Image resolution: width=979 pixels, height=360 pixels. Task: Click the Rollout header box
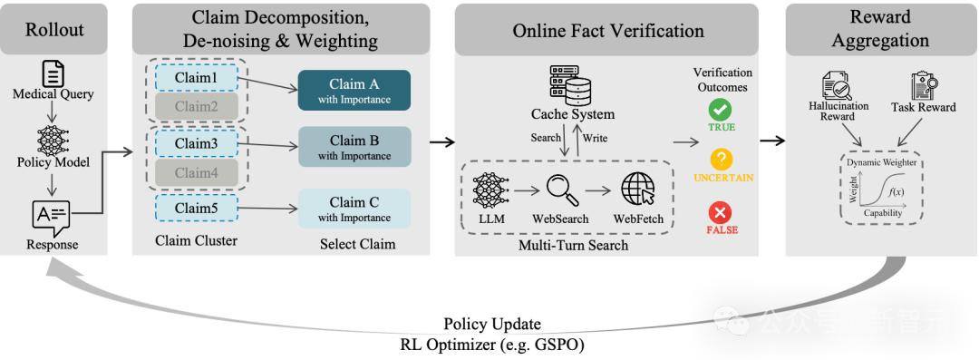(x=54, y=29)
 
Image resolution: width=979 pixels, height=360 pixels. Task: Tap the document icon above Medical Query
(x=53, y=73)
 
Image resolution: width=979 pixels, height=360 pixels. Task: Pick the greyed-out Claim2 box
(x=196, y=107)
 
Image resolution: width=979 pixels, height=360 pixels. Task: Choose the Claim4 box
(x=196, y=172)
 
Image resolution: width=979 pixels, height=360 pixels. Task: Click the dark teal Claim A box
(x=354, y=90)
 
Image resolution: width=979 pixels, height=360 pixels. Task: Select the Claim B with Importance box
(x=354, y=147)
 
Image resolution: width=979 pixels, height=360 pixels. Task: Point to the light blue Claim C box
(x=354, y=209)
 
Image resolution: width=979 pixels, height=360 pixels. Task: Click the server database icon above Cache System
(x=569, y=85)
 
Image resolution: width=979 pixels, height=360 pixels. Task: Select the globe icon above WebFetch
(x=637, y=189)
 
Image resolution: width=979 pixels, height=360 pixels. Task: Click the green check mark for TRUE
(x=721, y=110)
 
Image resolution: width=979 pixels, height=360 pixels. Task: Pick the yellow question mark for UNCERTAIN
(x=722, y=160)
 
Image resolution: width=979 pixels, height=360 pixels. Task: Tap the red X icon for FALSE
(x=721, y=213)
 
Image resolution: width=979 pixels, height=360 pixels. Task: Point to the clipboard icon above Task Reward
(x=923, y=85)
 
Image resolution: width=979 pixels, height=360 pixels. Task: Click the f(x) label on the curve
(x=896, y=191)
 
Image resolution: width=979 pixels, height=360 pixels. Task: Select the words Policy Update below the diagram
(x=492, y=325)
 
